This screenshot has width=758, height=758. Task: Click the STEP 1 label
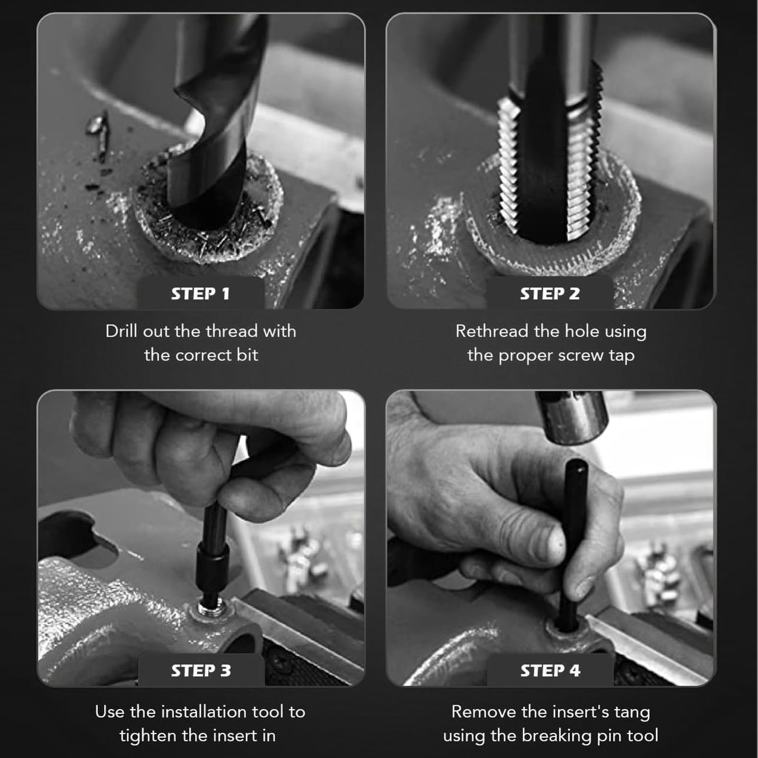200,294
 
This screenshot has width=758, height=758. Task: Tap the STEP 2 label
550,294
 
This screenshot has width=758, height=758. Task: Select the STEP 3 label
201,670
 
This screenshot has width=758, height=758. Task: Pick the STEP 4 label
550,670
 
